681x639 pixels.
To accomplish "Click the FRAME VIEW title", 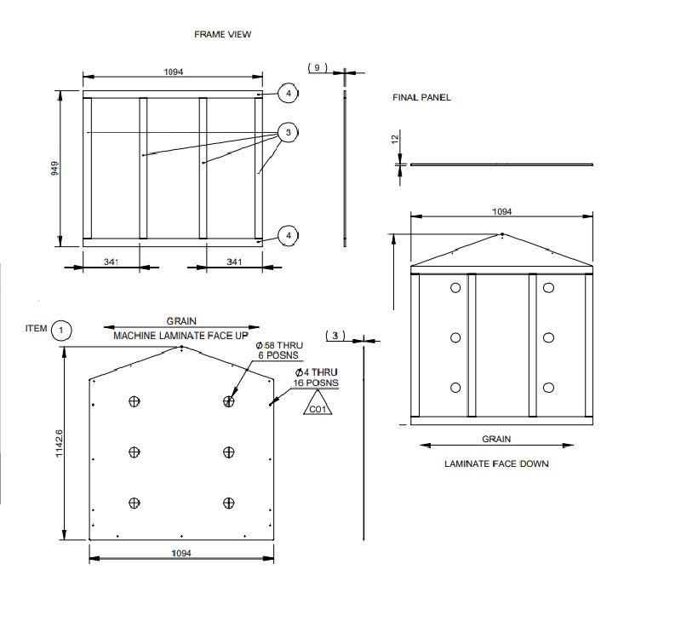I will [223, 34].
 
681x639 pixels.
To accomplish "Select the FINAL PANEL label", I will [421, 98].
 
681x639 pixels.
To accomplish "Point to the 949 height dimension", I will [53, 169].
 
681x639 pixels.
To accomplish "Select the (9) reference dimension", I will [317, 67].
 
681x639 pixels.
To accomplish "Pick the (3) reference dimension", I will [335, 336].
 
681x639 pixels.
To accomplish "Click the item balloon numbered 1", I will [62, 330].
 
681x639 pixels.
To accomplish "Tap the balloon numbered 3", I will [288, 133].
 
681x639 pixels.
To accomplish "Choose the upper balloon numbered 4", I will [288, 92].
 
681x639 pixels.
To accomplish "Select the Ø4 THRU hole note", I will [318, 378].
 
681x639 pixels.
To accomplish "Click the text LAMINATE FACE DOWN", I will [496, 464].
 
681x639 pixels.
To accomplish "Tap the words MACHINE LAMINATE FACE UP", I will [181, 336].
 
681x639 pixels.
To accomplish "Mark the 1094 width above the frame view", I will [174, 72].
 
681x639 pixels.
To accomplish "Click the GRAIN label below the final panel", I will [496, 439].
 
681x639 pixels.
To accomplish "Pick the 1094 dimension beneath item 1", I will [180, 553].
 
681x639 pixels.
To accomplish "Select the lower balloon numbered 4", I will [288, 235].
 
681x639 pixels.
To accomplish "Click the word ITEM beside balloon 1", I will [37, 328].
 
